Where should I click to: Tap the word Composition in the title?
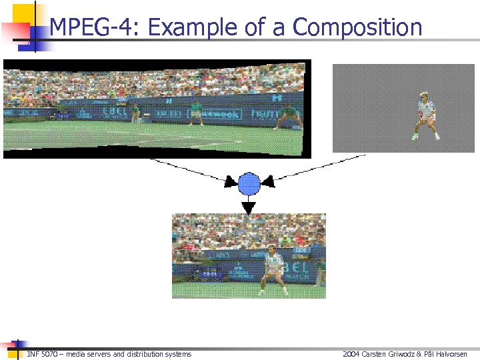click(357, 28)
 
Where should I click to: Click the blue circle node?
click(249, 183)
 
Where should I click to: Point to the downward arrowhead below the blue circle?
click(249, 207)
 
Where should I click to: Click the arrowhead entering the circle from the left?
click(230, 181)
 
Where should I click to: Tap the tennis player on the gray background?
click(425, 115)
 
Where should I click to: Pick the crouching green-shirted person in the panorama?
click(288, 117)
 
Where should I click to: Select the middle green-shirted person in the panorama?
click(196, 112)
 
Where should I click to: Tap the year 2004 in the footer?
click(351, 354)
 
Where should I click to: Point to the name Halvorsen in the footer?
click(451, 354)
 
